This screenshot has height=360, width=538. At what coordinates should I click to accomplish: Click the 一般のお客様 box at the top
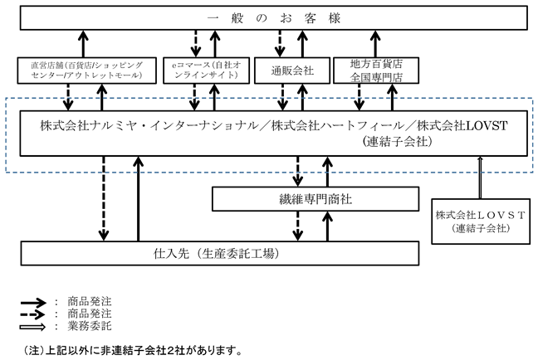pos(273,17)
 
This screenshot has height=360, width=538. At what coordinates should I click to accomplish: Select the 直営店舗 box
pos(87,71)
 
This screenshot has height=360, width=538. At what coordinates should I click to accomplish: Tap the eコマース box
pos(206,71)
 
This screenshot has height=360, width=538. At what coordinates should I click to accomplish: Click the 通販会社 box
pos(292,71)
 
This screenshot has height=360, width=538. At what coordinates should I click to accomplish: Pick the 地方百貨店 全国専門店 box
pos(376,71)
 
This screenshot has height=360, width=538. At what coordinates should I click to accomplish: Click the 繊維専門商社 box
pos(315,199)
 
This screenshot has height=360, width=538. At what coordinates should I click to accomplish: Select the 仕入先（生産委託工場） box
pos(219,253)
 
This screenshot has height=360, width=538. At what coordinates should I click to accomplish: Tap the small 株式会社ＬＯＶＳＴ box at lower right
pos(481,221)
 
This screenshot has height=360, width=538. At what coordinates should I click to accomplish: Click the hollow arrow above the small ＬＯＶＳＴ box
pos(480,178)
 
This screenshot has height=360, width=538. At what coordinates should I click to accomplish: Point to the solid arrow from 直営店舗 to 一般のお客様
pos(83,44)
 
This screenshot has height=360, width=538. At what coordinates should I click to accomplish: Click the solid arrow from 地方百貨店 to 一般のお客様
pos(376,44)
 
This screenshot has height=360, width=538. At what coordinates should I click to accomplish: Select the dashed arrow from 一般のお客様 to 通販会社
pos(280,44)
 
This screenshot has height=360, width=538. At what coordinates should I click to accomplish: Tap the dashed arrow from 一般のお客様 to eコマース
pos(196,44)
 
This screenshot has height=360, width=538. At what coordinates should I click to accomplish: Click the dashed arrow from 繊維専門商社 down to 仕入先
pos(297,226)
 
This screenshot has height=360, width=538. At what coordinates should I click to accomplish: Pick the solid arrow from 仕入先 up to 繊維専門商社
pos(328,226)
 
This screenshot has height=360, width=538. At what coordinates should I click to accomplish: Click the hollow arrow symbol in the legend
pos(32,327)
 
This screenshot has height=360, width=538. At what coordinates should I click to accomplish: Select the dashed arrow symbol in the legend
pos(32,314)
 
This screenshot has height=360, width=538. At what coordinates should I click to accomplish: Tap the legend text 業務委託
pos(90,326)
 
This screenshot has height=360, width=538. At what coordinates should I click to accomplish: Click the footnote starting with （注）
pos(133,350)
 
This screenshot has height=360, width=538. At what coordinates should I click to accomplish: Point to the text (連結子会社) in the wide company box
pos(397,141)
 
